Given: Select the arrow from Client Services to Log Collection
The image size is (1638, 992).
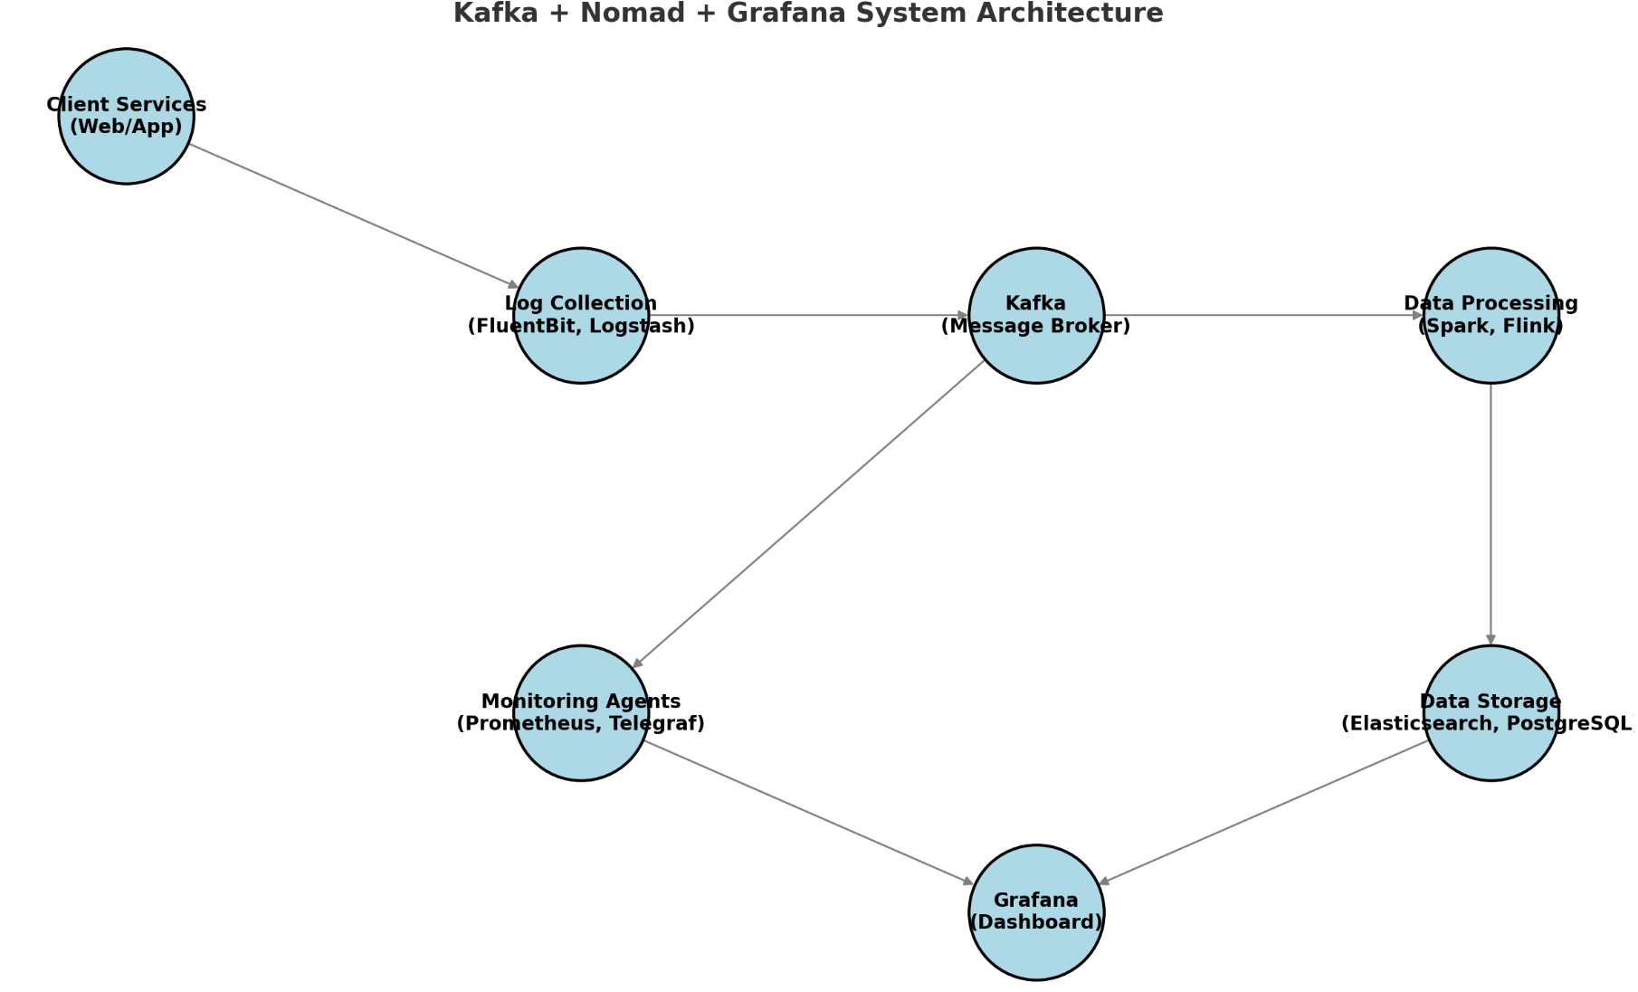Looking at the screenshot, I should (353, 216).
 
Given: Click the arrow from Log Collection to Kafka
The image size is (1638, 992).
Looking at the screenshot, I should (808, 315).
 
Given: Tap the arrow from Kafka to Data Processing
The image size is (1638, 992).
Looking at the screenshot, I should (1263, 315).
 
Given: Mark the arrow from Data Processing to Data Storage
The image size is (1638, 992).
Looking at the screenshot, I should (1490, 514).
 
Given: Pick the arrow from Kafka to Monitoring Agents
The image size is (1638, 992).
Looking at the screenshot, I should (808, 514).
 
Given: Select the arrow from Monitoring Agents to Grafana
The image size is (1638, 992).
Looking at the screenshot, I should (808, 812).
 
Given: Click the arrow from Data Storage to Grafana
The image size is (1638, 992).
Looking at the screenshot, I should (1263, 812).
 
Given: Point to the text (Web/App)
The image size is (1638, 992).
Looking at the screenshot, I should (126, 127).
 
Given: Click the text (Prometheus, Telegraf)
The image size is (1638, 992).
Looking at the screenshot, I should (581, 723).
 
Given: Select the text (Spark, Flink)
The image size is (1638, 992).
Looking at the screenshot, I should (1490, 326).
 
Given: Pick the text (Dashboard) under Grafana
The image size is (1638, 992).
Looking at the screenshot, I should (1036, 921).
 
